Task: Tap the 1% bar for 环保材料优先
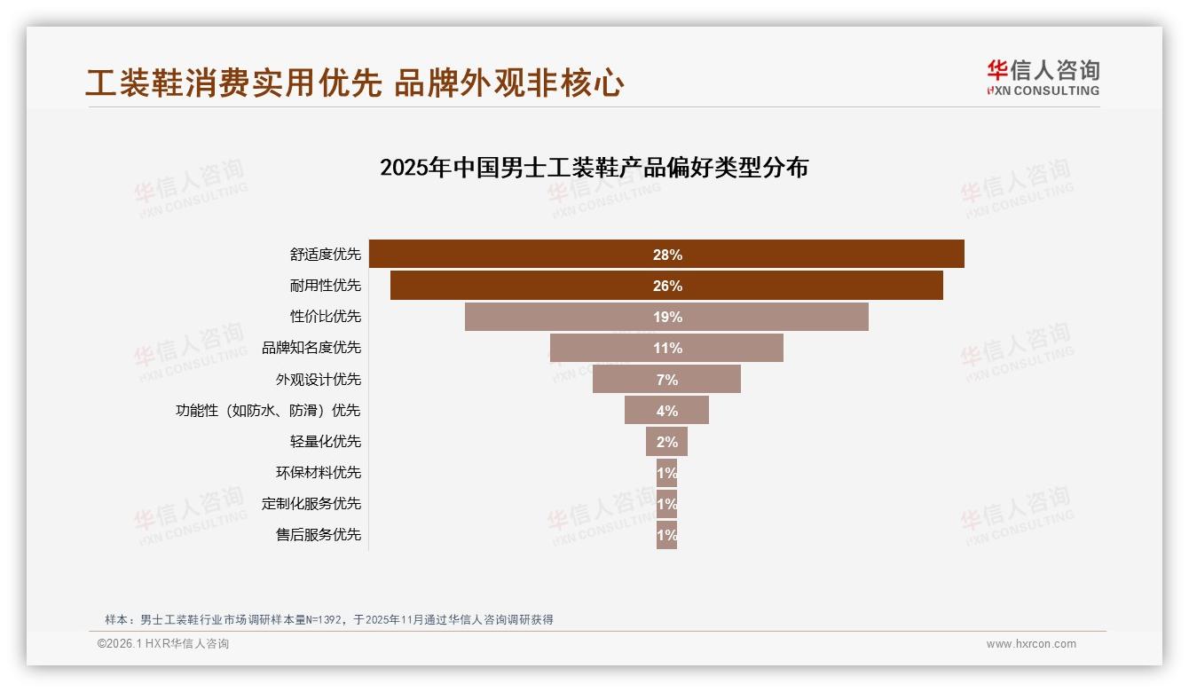coord(666,473)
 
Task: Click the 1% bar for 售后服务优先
coord(666,535)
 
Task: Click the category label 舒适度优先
coord(325,255)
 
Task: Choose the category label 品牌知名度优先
coord(311,348)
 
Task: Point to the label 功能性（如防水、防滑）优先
coord(268,411)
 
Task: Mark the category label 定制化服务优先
coord(311,504)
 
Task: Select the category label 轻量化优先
coord(325,442)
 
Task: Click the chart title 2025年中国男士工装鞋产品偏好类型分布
coord(594,168)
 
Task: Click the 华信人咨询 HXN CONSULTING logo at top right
coord(1043,78)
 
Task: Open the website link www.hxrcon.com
coord(1031,644)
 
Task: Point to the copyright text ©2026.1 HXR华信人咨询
coord(163,644)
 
